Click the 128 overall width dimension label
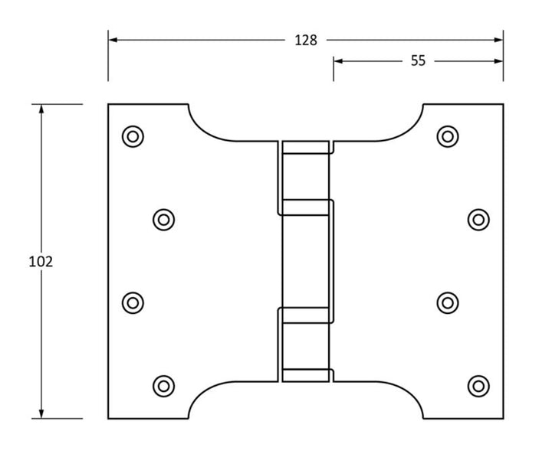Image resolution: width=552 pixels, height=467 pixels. point(306,41)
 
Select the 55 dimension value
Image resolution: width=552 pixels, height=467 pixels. point(418,61)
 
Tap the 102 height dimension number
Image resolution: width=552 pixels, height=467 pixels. point(41,261)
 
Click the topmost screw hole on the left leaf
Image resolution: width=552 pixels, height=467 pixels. point(133,136)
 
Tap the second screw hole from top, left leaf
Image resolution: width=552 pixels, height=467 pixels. point(163,220)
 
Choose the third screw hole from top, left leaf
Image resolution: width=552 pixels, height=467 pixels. point(133,302)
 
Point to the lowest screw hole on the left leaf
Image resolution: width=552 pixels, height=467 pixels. point(163,385)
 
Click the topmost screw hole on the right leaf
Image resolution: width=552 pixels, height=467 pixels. point(448,136)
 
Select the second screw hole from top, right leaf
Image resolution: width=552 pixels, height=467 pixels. point(478,220)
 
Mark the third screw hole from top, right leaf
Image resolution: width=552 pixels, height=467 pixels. point(448,302)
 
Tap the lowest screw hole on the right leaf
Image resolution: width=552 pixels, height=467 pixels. point(478,385)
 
